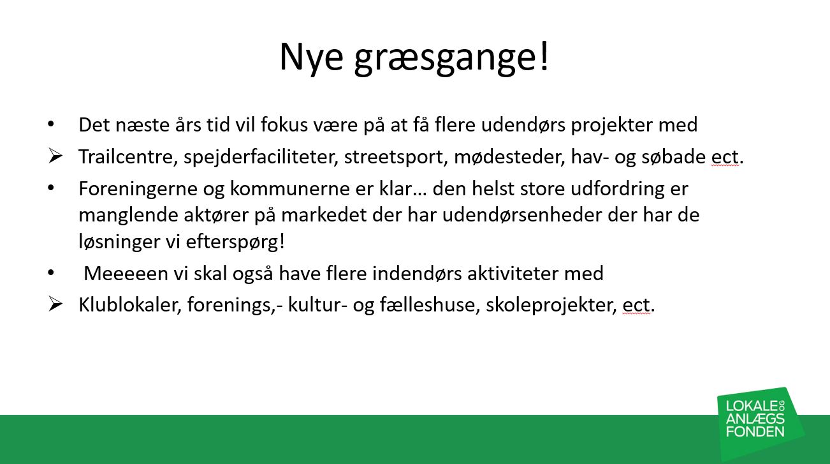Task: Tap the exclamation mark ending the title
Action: pyautogui.click(x=544, y=56)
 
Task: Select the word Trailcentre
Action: pyautogui.click(x=126, y=156)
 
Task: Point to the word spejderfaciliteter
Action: pyautogui.click(x=261, y=157)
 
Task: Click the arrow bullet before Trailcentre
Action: pyautogui.click(x=55, y=156)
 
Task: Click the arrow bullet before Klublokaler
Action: pyautogui.click(x=55, y=304)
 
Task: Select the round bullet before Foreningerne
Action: pyautogui.click(x=51, y=188)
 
